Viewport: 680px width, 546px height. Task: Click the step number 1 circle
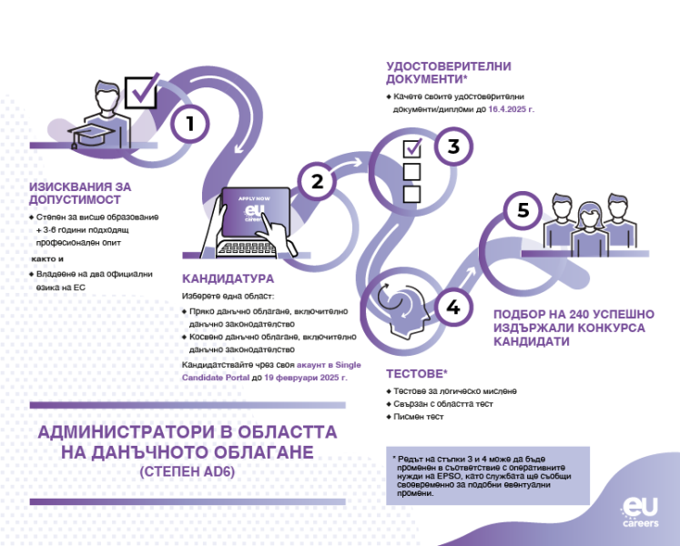coord(190,124)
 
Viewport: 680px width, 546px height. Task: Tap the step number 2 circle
coord(317,181)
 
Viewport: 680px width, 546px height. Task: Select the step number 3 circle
coord(453,147)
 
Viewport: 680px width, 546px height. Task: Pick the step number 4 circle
coord(453,307)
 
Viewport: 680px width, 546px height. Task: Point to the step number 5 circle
coord(523,210)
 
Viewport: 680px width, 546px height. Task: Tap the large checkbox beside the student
coord(141,92)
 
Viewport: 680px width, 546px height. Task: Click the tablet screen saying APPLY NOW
coord(256,212)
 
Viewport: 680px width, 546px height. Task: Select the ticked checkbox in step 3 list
coord(412,148)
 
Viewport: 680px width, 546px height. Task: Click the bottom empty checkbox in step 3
coord(411,195)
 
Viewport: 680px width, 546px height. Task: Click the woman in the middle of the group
coord(589,229)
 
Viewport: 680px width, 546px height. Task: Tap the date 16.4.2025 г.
coord(512,109)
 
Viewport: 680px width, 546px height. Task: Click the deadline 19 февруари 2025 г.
coord(306,378)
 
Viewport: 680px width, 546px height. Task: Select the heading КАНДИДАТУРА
coord(228,278)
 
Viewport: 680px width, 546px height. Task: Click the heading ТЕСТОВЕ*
coord(417,374)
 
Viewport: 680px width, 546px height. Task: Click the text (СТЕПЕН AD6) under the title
coord(188,471)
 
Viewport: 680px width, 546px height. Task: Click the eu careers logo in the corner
coord(640,511)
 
